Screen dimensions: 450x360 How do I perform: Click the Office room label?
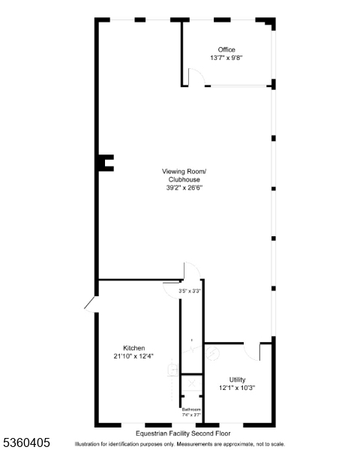coord(226,49)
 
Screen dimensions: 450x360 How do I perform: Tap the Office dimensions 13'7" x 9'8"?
coord(226,58)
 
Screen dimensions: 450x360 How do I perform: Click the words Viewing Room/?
coord(184,172)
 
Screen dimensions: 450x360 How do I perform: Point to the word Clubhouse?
coord(184,180)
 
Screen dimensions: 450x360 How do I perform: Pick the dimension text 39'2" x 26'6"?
coord(184,188)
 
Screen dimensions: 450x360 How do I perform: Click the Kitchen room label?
coord(134,347)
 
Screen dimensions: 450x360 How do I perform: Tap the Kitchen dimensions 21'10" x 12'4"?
coord(134,355)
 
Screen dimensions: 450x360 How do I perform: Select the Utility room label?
coord(237,379)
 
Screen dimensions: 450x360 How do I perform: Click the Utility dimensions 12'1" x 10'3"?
coord(237,388)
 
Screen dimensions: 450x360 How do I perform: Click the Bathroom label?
coord(191,409)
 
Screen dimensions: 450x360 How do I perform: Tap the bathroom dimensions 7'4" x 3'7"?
coord(191,415)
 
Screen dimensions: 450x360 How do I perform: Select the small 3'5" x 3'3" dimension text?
coord(189,290)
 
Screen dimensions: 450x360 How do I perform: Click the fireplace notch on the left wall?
coord(106,162)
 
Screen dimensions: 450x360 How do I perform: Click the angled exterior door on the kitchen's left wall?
coord(90,302)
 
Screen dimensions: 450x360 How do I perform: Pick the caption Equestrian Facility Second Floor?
coord(183,433)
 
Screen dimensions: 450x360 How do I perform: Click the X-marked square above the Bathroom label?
coord(191,384)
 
